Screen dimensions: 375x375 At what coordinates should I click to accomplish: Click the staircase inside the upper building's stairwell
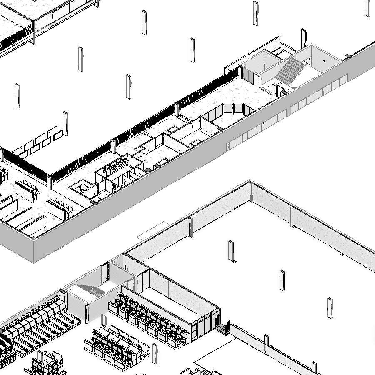coord(291,70)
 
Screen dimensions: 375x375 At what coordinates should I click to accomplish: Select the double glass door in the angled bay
coord(233,109)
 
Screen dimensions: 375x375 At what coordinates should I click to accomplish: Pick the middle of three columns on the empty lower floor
coord(282,280)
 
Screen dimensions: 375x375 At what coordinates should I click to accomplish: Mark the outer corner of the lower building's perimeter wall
coord(250,182)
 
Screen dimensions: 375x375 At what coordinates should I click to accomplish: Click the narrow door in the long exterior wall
coord(228,145)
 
